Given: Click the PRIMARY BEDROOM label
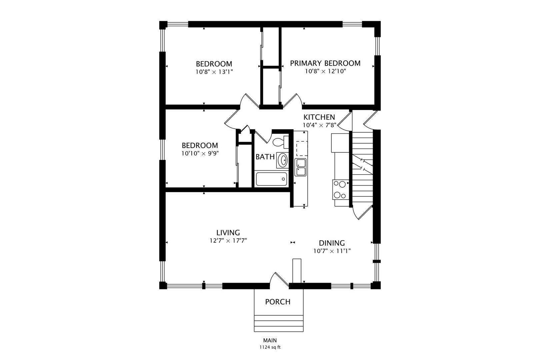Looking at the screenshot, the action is pos(325,63).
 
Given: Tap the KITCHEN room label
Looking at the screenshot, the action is pos(319,117).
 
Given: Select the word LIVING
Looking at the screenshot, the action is pos(228,233).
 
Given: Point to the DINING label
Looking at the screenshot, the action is pos(332,243).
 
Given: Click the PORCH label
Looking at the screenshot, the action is pos(278,302).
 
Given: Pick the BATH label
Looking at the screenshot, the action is pos(265,157).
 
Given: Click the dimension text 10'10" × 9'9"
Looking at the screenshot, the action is pos(200,153).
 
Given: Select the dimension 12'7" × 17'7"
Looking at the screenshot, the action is pos(228,241).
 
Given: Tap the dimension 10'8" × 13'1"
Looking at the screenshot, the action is pos(214,72).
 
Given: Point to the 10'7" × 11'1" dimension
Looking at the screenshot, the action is pos(332,251).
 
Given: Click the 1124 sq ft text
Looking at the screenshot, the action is pos(270,347).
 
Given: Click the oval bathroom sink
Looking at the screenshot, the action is pos(283,160).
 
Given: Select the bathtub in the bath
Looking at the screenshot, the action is pos(271,179).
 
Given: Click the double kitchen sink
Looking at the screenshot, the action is pos(300,167).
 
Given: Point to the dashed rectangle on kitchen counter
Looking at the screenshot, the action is pos(302,149).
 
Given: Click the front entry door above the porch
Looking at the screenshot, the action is pos(279,280).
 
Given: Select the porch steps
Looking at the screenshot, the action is pos(279,323).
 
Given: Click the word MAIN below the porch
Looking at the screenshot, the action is pos(270,340).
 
